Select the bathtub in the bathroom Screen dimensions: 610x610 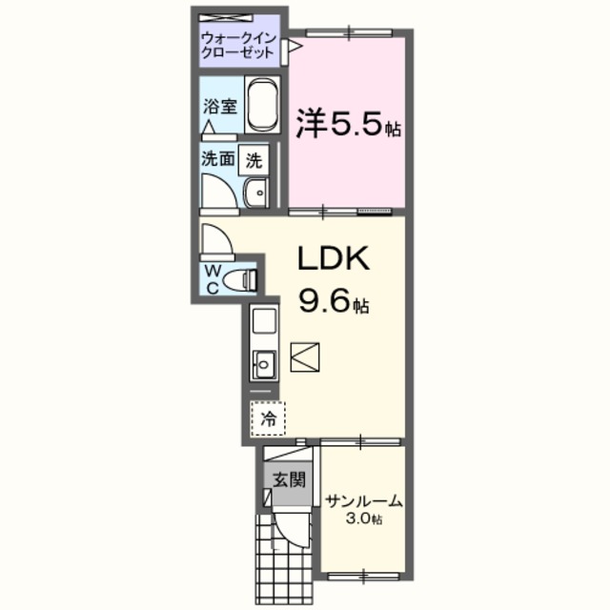pos(261,108)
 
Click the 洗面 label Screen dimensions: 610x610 pos(216,160)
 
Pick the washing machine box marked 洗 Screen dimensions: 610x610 pos(254,160)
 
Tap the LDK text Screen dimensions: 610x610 pos(328,259)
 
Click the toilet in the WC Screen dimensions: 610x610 pos(247,279)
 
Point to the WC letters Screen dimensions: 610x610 pos(213,278)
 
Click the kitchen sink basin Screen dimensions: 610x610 pos(263,362)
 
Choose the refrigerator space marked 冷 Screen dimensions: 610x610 pos(268,416)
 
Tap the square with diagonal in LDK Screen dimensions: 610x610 pos(309,357)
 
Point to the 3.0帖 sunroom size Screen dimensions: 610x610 pos(364,519)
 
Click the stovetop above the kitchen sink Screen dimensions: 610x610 pos(263,323)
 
